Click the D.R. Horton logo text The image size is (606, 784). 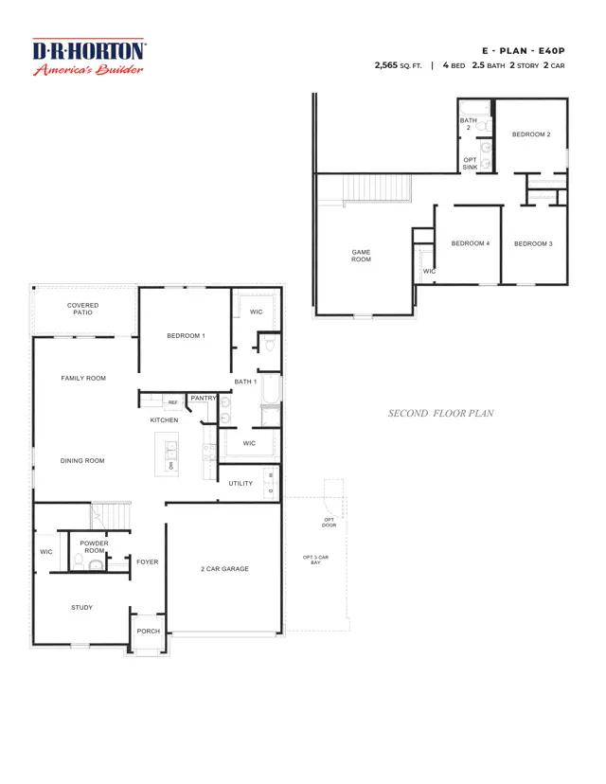click(x=89, y=50)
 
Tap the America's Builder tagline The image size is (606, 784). click(x=89, y=69)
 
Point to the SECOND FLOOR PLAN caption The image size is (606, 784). click(x=440, y=414)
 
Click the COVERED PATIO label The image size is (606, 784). click(x=82, y=309)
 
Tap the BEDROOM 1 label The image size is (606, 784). click(x=186, y=336)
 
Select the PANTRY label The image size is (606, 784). click(x=204, y=399)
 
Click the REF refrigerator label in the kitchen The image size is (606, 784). click(x=172, y=402)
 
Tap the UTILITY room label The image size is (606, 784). click(x=241, y=483)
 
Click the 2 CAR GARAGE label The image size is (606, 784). click(x=224, y=569)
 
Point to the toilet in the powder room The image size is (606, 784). click(x=95, y=565)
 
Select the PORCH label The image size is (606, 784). click(x=148, y=632)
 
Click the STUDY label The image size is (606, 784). click(x=81, y=607)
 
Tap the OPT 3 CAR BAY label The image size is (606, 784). click(x=314, y=560)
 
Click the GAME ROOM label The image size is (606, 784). click(x=361, y=256)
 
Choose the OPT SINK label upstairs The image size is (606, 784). click(x=470, y=163)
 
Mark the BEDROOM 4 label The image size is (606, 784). click(x=470, y=243)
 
